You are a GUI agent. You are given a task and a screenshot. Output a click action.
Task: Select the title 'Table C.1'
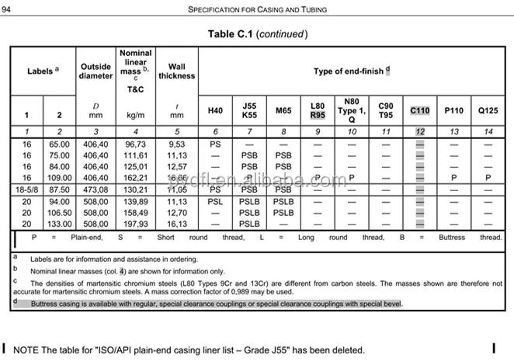231,34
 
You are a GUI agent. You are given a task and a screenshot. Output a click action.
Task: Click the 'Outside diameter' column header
96,71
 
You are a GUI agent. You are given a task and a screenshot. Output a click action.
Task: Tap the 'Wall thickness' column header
176,71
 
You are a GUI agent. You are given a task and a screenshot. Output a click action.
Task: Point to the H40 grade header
215,111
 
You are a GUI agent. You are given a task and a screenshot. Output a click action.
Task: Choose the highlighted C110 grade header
419,111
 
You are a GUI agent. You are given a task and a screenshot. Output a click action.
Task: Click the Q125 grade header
488,111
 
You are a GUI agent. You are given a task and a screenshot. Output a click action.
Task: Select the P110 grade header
453,111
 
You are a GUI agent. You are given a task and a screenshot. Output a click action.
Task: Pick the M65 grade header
283,111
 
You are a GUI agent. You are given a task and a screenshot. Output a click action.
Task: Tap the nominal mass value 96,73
136,144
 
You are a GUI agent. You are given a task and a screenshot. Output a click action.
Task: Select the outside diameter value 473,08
96,189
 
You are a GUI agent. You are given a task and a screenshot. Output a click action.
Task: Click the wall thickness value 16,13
176,224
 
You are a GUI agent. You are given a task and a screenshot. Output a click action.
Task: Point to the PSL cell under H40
215,201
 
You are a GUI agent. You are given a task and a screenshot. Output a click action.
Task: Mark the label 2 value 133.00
59,224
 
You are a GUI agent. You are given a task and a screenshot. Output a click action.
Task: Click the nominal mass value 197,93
136,224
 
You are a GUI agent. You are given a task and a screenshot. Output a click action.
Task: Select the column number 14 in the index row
488,131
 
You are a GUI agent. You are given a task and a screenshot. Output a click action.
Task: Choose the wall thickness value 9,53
176,144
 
